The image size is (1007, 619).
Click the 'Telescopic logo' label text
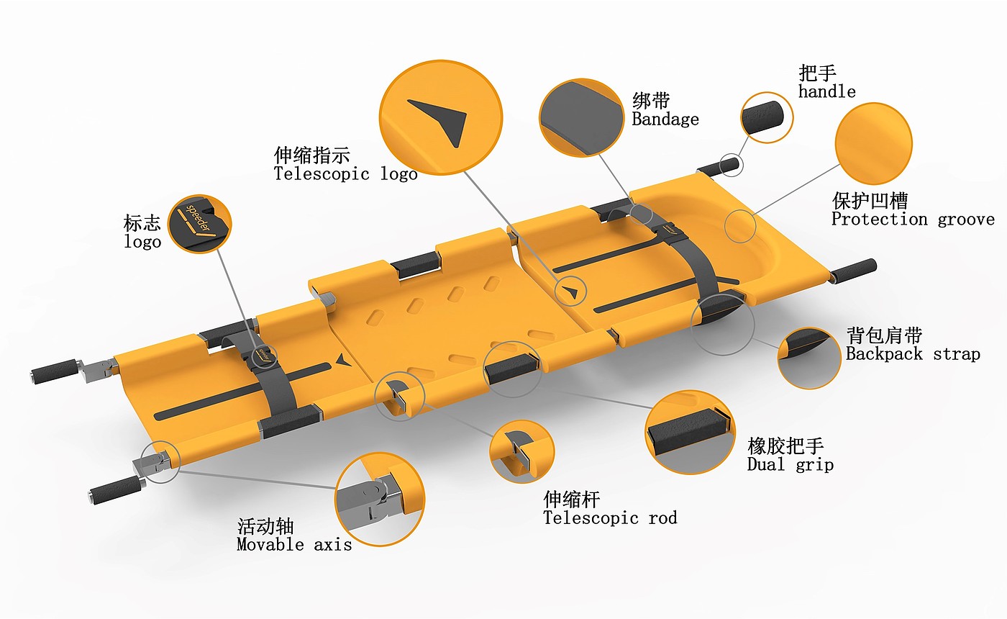coord(345,174)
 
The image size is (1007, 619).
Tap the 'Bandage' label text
coord(665,119)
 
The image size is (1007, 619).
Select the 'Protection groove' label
coord(913,219)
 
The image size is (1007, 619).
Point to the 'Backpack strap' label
coord(913,354)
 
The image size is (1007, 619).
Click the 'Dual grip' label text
coord(790,464)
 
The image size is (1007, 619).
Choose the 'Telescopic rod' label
coord(610,518)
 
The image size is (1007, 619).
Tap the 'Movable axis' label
coord(294,544)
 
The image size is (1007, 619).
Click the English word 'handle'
coord(826,91)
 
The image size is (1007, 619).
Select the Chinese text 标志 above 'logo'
coord(142,222)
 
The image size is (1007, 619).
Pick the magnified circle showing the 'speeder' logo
coord(200,224)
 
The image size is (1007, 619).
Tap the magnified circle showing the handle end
coord(767,117)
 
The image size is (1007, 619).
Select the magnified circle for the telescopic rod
coord(521,451)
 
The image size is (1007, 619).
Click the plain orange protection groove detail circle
coord(873,143)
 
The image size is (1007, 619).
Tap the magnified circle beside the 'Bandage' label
coord(581,118)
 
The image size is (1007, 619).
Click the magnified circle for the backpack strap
coord(809,358)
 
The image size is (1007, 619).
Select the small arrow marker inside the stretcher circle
coord(572,292)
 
